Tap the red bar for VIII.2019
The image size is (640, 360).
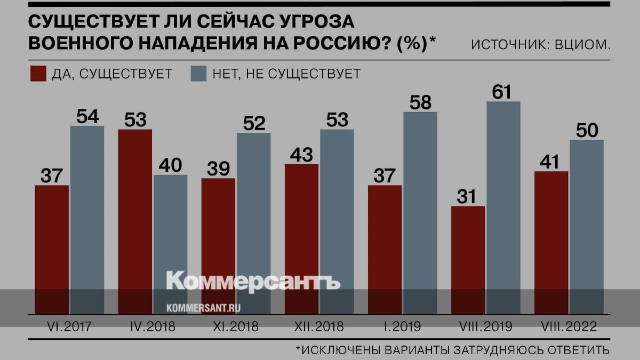point(468,256)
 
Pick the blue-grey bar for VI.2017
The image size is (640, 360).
point(87,219)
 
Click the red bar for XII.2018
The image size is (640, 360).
point(302,235)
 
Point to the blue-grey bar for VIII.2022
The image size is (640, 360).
point(586,224)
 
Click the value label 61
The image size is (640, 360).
point(502,92)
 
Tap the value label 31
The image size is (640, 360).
point(468,197)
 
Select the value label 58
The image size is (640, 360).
point(420,102)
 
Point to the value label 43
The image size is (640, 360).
point(302,155)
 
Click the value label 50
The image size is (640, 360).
point(586,131)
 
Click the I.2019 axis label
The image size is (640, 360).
point(402,326)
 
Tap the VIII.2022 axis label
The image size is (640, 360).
point(569,326)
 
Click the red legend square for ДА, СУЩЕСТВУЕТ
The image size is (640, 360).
point(38,74)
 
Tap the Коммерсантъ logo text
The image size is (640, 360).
point(253,281)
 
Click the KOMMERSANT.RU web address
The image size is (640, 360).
point(204,308)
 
